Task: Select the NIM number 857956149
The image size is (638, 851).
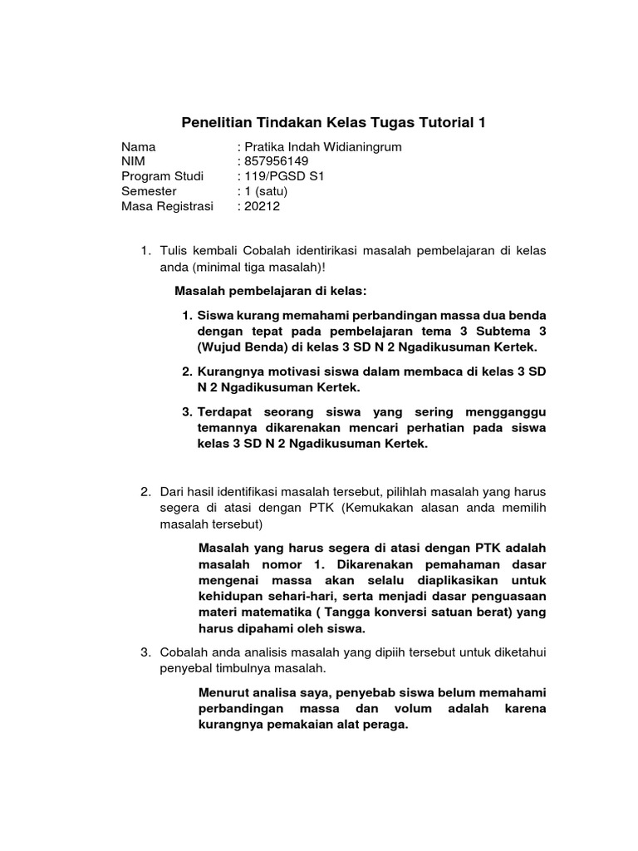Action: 275,161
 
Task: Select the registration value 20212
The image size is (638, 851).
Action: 261,206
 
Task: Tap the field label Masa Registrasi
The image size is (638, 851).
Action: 167,206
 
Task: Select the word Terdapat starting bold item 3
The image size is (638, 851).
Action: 226,413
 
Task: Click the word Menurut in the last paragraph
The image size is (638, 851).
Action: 225,692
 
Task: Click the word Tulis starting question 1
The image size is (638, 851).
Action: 174,251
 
